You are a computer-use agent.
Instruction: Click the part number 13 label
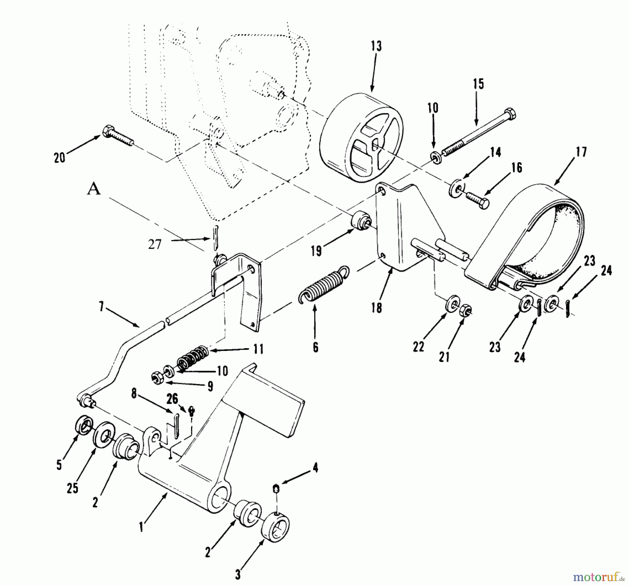tap(376, 46)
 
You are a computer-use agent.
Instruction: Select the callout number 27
tap(154, 244)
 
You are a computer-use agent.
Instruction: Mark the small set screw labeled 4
tap(276, 488)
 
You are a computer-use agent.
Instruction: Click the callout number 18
tap(376, 308)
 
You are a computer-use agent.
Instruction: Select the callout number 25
tap(72, 488)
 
